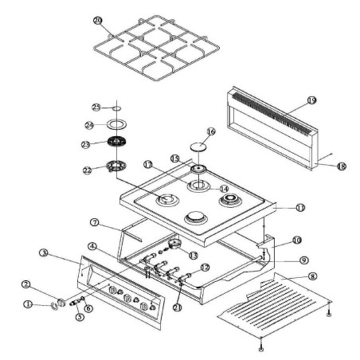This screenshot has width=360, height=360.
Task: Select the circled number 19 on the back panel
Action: coord(311,100)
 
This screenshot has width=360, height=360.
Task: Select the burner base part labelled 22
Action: coord(115,166)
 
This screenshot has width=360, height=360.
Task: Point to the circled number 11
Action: coord(278,207)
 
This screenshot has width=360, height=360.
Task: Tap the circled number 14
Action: coord(223,188)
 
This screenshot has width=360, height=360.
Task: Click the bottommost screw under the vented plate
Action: coord(261,348)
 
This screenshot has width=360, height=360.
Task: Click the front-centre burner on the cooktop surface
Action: coord(195,217)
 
